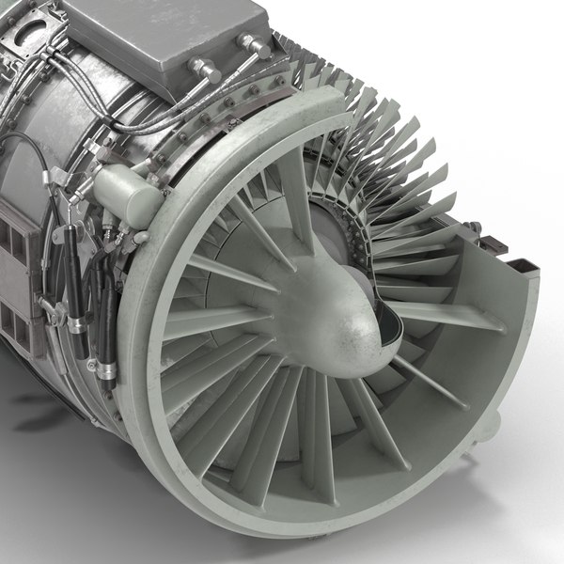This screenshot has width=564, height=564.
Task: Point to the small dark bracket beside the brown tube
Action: point(475,227)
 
